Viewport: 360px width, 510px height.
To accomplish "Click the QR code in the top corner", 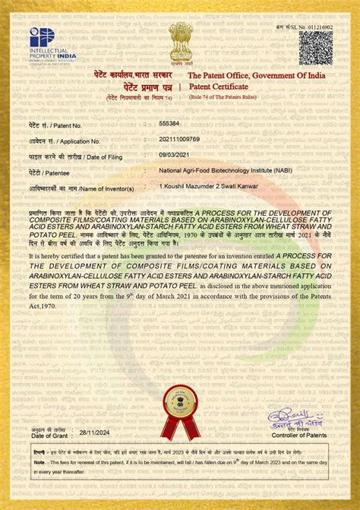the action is click(315, 47).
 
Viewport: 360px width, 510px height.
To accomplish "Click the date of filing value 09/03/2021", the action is click(172, 155).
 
